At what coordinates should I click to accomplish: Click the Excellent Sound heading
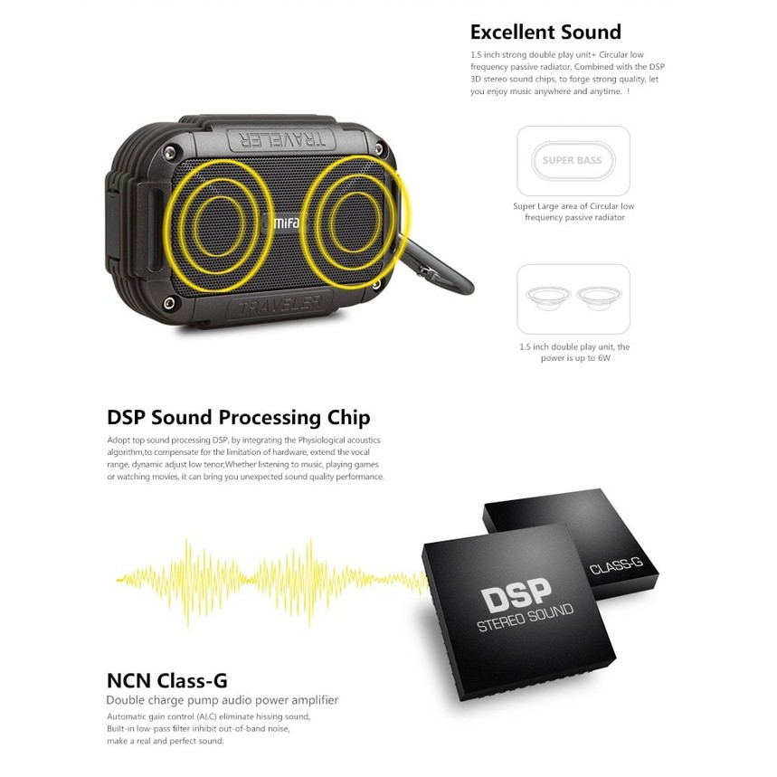pyautogui.click(x=545, y=33)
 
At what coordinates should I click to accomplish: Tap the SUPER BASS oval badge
pyautogui.click(x=572, y=161)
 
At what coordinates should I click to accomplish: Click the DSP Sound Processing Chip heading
pyautogui.click(x=238, y=418)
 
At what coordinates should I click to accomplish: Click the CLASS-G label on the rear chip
pyautogui.click(x=615, y=568)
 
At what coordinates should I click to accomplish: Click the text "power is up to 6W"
pyautogui.click(x=573, y=357)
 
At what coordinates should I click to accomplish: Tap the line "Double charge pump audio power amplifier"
pyautogui.click(x=223, y=700)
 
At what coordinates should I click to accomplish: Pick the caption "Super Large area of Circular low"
pyautogui.click(x=573, y=206)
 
